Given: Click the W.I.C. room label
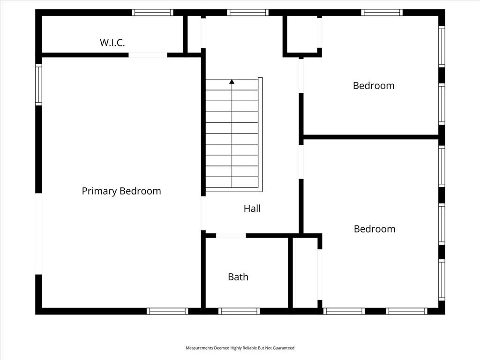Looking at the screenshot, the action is (112, 43).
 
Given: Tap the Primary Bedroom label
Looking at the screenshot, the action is (121, 191).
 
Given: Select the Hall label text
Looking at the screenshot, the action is (252, 209).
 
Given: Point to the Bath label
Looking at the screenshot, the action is (238, 277).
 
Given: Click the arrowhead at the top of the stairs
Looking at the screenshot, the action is (232, 82).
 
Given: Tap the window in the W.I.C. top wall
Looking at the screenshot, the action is (152, 12).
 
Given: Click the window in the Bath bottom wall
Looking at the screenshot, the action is (239, 311).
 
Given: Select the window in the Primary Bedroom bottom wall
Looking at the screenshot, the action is (167, 311).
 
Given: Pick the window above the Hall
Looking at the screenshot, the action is (247, 12).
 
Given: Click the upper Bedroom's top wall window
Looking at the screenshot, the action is (382, 12).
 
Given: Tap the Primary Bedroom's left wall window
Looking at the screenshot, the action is (38, 84).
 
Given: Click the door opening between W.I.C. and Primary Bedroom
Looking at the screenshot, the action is (148, 55).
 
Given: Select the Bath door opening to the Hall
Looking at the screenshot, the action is (231, 236).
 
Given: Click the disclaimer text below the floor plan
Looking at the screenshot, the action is (240, 348).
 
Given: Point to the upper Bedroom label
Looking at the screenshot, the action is (374, 86).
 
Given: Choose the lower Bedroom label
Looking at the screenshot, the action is (375, 229).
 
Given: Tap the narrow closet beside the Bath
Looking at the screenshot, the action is (305, 272).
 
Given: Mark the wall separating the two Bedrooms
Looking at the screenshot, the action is (371, 137).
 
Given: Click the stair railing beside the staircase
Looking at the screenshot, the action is (260, 135).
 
